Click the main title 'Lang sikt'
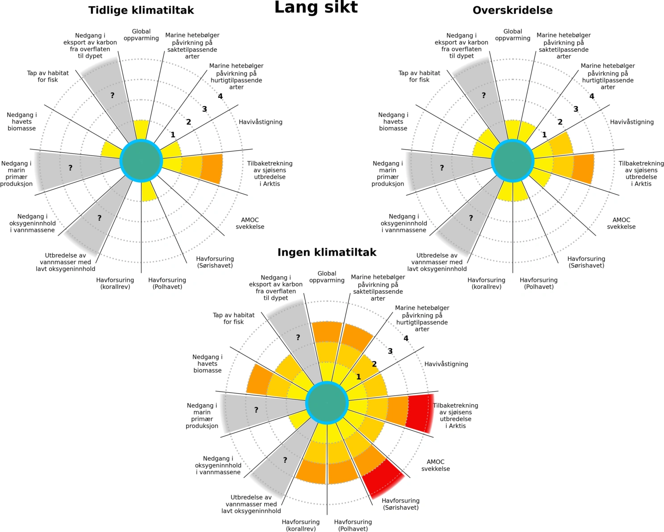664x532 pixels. tap(316, 8)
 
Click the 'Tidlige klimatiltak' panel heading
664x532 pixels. tap(141, 10)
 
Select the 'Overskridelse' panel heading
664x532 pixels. tap(512, 10)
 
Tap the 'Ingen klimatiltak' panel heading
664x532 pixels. tap(327, 252)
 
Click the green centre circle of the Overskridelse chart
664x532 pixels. tap(513, 161)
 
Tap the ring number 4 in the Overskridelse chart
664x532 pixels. tap(592, 96)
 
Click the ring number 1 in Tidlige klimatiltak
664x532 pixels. tap(173, 135)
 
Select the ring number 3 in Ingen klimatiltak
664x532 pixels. tap(390, 351)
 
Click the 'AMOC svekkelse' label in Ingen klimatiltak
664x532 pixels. tap(436, 465)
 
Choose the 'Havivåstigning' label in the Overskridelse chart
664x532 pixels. tap(631, 122)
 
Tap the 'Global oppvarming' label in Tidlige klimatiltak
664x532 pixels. tap(141, 35)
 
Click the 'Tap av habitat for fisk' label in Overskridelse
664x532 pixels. tap(419, 76)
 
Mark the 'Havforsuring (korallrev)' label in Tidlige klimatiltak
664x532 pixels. tap(115, 283)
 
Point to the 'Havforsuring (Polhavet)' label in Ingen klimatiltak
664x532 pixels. tap(353, 525)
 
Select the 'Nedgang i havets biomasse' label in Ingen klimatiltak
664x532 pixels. tap(207, 363)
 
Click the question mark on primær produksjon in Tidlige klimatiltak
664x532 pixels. tap(70, 168)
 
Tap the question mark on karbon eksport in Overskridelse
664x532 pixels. tap(483, 95)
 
